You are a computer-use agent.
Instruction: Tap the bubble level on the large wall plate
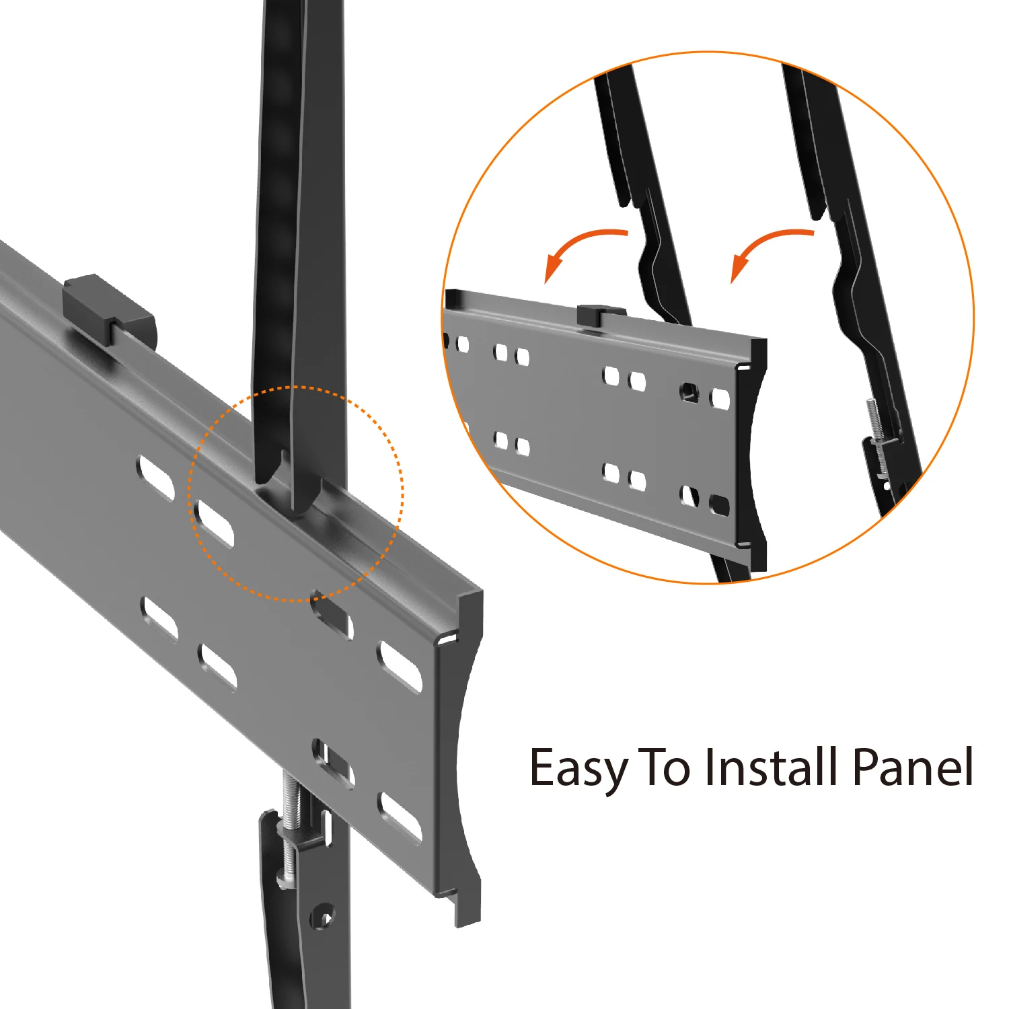click(x=108, y=309)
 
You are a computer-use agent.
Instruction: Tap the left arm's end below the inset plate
click(x=730, y=570)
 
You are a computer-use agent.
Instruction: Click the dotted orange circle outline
click(x=296, y=387)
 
